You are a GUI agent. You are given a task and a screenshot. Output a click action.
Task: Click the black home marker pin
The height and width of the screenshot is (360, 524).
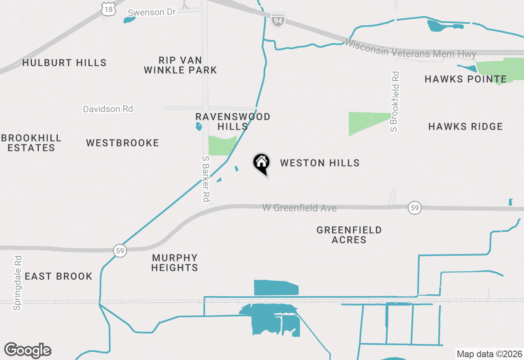[261, 163]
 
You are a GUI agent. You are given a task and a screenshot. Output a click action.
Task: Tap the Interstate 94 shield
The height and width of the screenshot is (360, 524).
[278, 20]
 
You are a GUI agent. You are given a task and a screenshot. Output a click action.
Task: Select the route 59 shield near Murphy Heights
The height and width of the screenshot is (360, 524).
[120, 250]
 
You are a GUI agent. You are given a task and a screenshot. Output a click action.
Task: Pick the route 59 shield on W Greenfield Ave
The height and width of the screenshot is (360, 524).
[415, 208]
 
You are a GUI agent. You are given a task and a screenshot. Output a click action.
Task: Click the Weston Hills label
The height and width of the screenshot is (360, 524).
[320, 163]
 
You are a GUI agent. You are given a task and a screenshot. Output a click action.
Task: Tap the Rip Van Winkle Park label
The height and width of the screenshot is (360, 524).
[180, 65]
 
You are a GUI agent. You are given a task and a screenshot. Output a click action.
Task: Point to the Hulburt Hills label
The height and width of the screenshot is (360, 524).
[64, 63]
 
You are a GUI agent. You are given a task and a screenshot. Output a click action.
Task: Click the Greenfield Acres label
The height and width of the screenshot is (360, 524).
[349, 235]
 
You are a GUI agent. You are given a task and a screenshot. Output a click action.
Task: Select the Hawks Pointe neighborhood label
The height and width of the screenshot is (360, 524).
[465, 79]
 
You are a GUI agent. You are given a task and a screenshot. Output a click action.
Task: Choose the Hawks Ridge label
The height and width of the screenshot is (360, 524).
[465, 126]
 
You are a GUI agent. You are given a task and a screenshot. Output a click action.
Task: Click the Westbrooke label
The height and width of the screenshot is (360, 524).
[122, 143]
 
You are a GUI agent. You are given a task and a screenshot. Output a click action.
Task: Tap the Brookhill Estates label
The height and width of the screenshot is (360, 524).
[31, 143]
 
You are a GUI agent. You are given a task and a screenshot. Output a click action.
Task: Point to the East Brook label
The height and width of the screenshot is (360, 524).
[59, 276]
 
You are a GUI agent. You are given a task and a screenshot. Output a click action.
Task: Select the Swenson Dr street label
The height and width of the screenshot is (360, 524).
[151, 12]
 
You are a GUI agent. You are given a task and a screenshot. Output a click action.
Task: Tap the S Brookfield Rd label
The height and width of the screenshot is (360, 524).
[394, 101]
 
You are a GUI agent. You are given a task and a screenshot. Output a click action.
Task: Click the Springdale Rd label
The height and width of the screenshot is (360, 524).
[17, 283]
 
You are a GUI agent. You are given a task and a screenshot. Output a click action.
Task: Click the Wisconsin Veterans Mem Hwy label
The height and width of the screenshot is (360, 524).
[410, 49]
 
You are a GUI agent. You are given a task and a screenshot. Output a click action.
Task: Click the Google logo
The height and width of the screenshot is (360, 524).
[28, 350]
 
